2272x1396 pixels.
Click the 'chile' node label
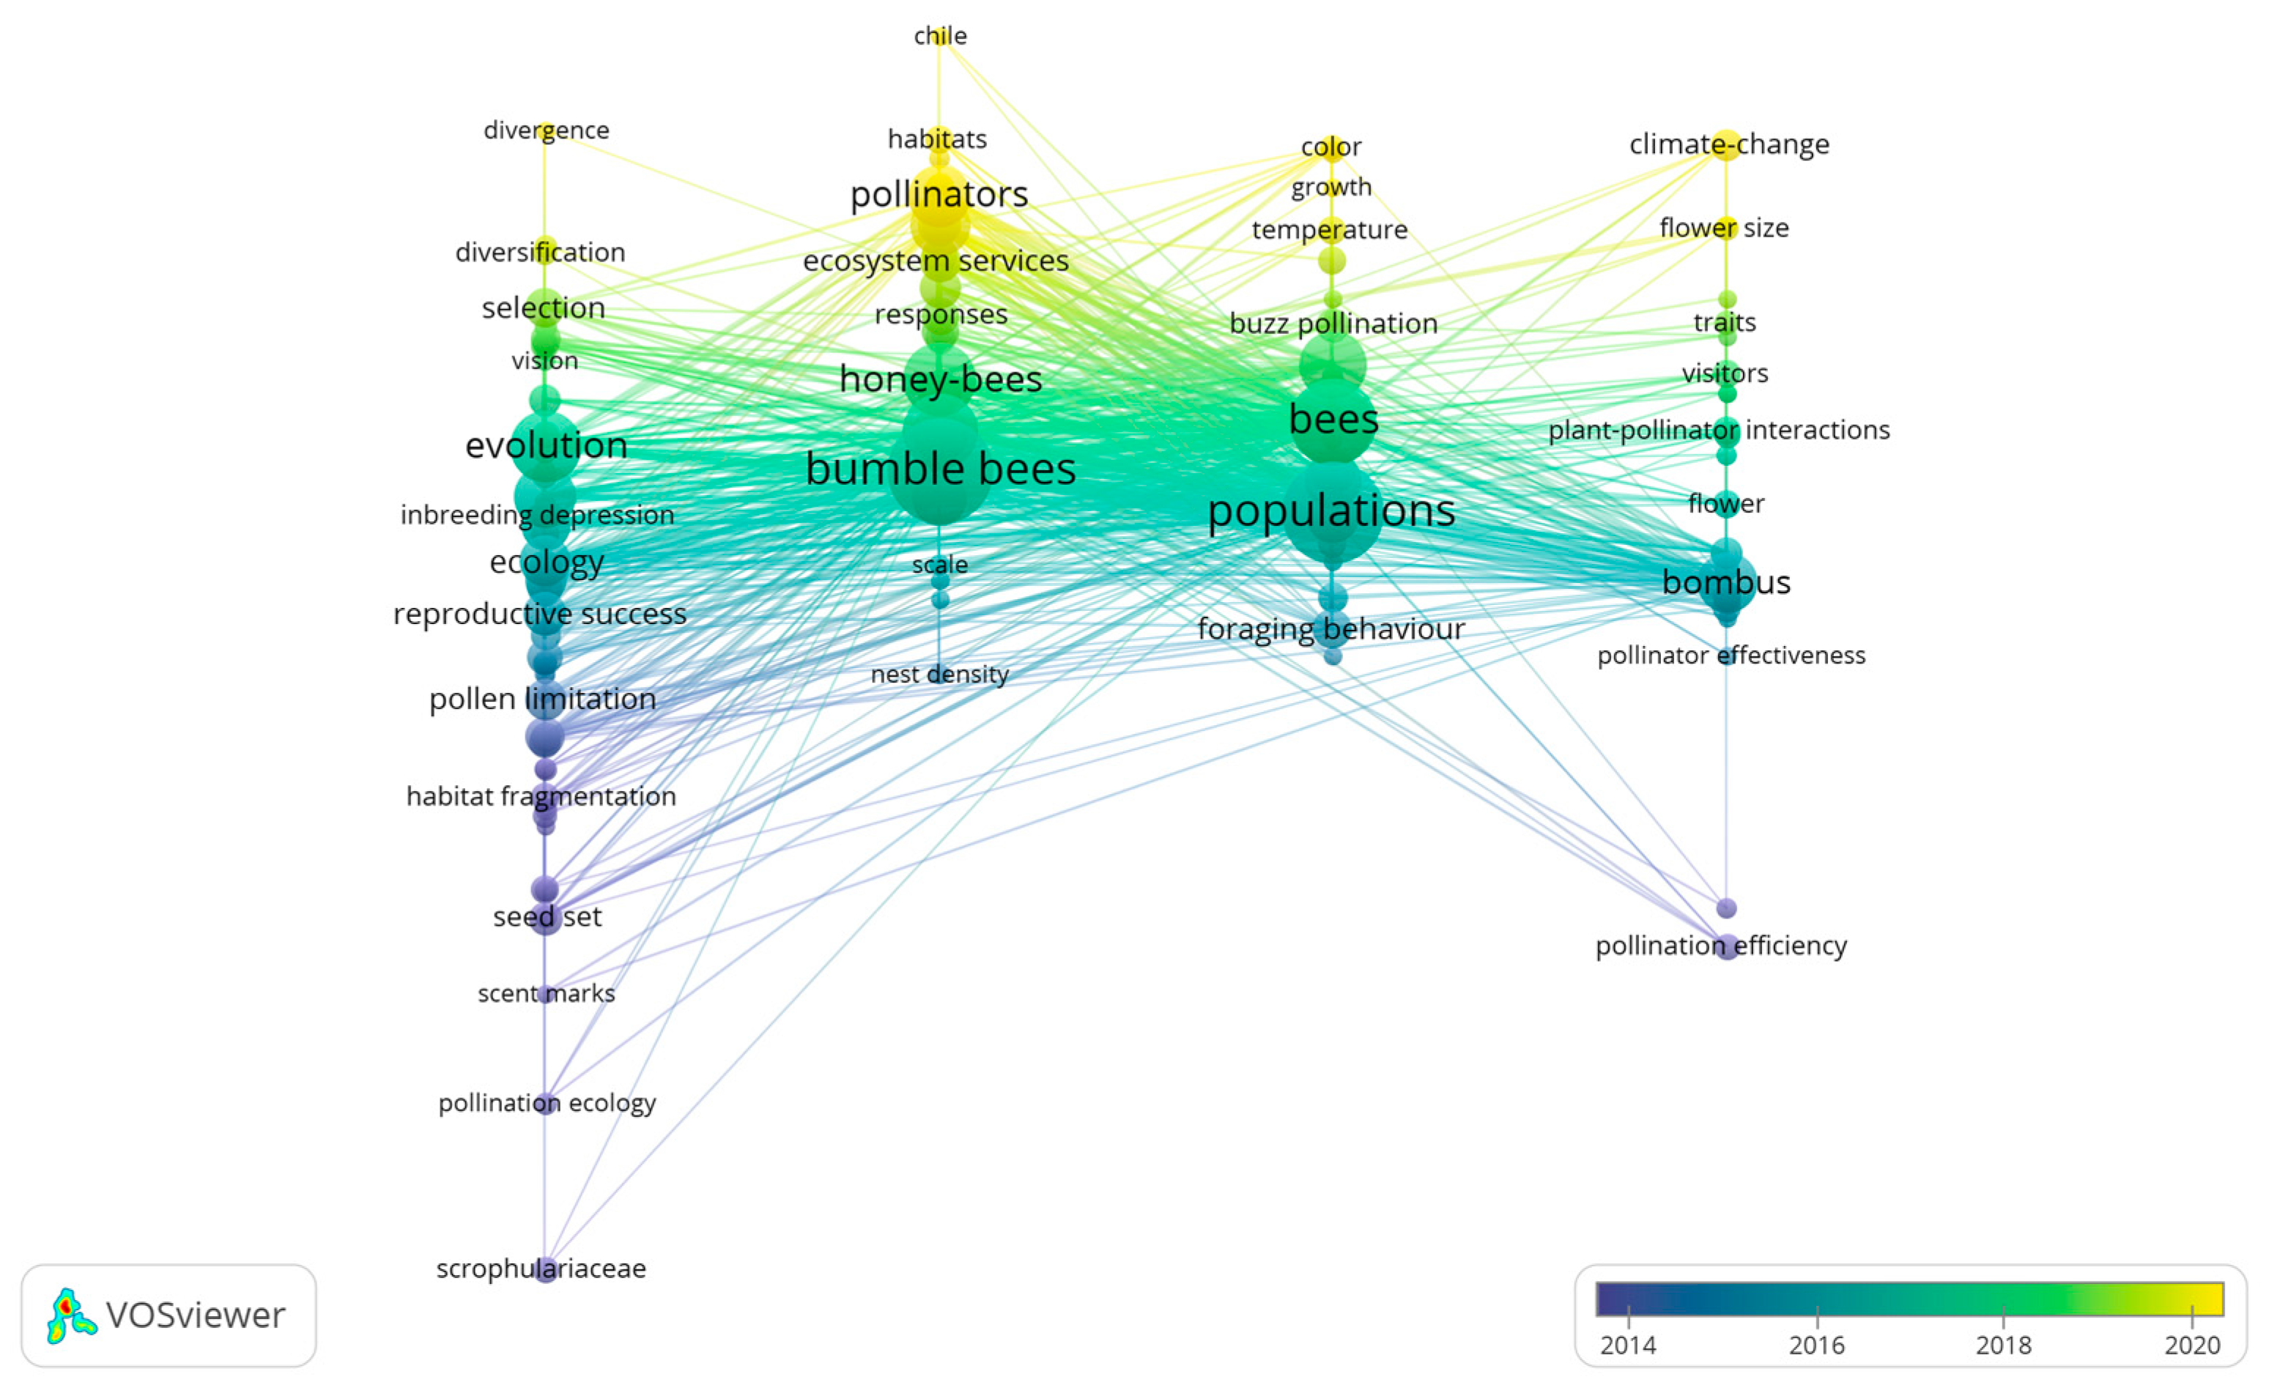tap(940, 36)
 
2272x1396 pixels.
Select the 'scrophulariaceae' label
tap(541, 1269)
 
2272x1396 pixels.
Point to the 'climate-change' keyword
tap(1729, 144)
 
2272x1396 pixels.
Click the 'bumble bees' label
tap(940, 469)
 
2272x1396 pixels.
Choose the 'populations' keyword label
tap(1331, 510)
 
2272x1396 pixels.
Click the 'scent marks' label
tap(546, 993)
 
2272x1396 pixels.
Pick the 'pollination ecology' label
tap(547, 1102)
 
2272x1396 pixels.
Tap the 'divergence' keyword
tap(546, 130)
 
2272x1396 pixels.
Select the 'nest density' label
tap(939, 674)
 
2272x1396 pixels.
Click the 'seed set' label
tap(547, 917)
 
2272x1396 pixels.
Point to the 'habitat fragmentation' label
tap(541, 796)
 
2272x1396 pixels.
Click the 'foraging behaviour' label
tap(1331, 628)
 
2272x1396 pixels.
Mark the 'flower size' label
tap(1723, 228)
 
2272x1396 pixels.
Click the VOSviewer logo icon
tap(71, 1315)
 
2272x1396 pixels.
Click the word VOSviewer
tap(196, 1315)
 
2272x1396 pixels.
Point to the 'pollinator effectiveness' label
tap(1731, 656)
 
